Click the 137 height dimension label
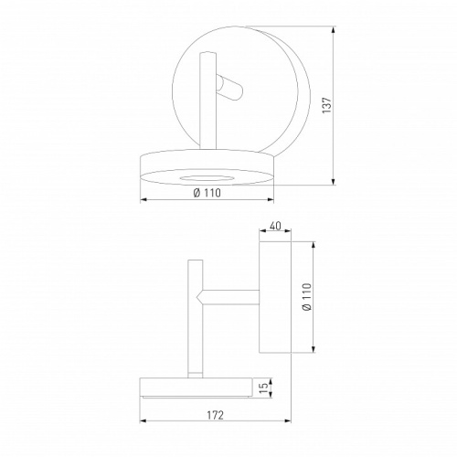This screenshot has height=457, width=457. tap(326, 105)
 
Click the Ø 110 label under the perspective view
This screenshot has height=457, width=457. tap(207, 193)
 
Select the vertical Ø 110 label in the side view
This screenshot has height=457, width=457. tap(307, 297)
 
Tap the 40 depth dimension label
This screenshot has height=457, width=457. tap(275, 226)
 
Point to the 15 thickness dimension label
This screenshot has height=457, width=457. tap(264, 388)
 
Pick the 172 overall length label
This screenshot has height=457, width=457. tap(216, 415)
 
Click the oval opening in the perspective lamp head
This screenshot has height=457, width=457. tap(207, 178)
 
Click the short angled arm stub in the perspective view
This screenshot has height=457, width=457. tap(229, 89)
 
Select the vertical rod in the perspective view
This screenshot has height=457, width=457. tap(207, 101)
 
